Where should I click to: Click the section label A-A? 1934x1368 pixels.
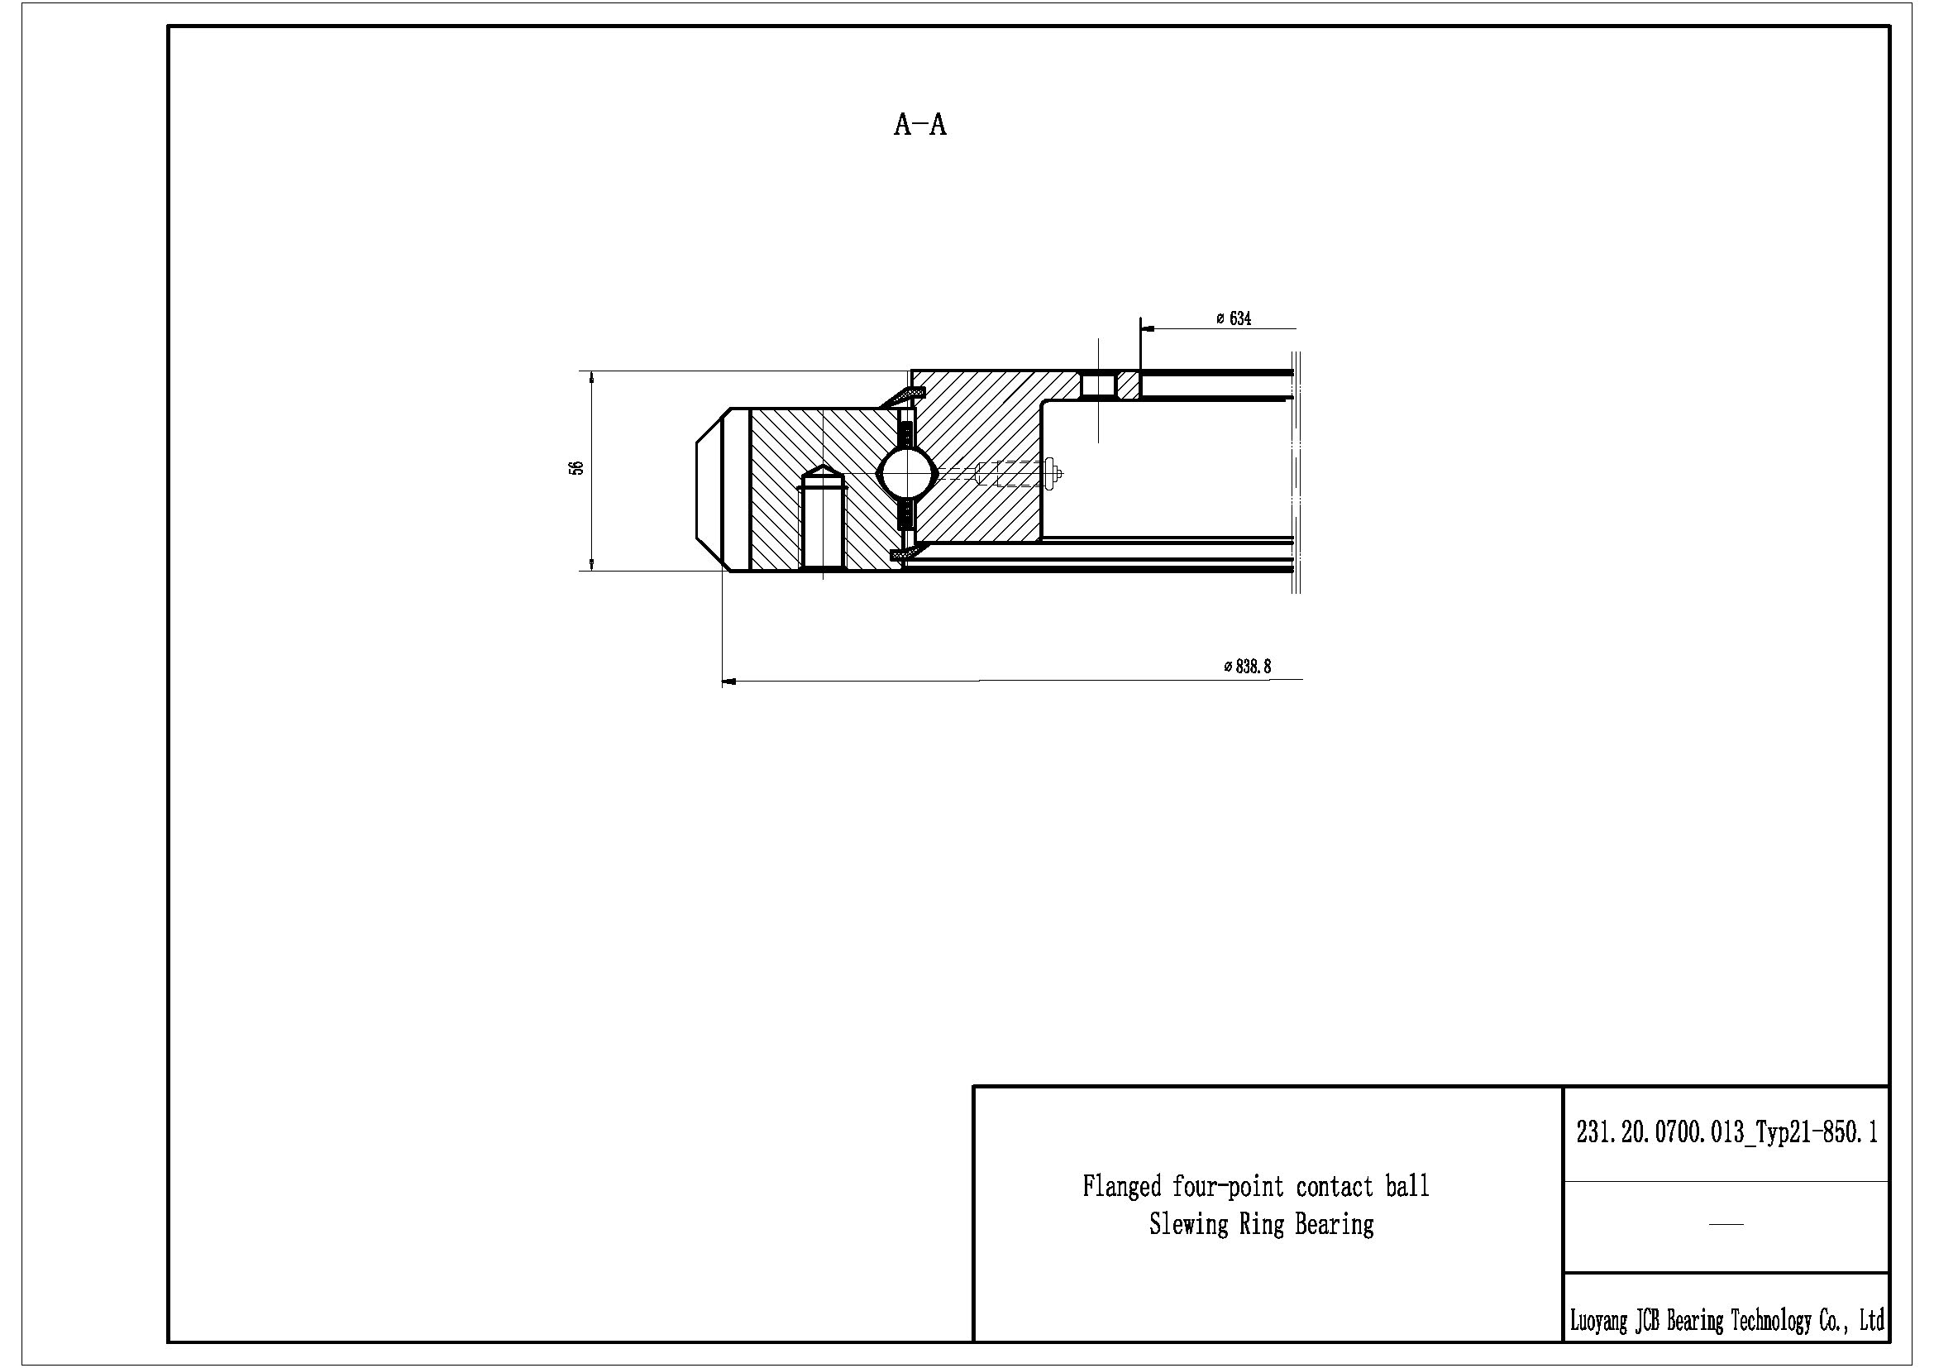point(919,125)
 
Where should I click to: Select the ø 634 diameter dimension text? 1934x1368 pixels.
point(1234,318)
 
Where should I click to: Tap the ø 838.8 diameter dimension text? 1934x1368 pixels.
point(1248,667)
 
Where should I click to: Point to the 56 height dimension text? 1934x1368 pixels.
point(577,468)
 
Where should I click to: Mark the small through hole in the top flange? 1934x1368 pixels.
point(1098,385)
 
